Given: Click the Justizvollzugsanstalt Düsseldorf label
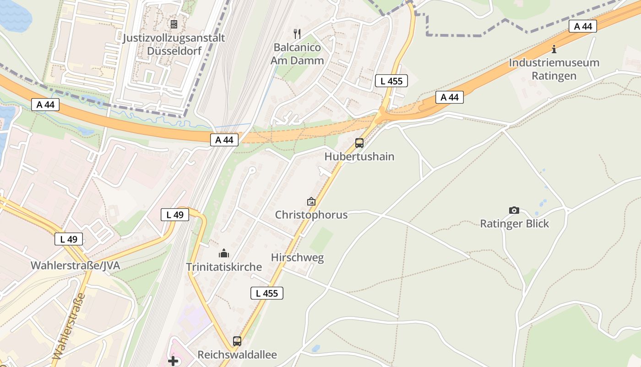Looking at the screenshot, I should click(174, 44).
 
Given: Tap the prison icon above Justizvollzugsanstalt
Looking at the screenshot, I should click(174, 24).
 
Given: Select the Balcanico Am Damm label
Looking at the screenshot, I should click(297, 54).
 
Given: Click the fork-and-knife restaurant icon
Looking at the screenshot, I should click(297, 33).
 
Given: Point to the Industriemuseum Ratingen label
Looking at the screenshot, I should click(554, 69).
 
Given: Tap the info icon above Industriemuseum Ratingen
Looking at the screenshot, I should click(554, 49).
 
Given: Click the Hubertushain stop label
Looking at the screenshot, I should click(359, 156).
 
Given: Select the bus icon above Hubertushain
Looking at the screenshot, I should click(359, 143).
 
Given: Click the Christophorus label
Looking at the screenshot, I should click(311, 215).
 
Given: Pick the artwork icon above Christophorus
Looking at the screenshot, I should click(311, 201).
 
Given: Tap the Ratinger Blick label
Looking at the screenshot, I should click(514, 224).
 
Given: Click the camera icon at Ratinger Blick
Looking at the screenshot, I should click(514, 211).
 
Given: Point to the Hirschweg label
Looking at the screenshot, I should click(297, 257).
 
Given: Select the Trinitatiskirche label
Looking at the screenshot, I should click(224, 267).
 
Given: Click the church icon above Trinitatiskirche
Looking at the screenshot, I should click(224, 253).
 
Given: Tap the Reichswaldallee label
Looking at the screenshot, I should click(237, 355).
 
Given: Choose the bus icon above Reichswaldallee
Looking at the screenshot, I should click(237, 341).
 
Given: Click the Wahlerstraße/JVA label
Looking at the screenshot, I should click(76, 265).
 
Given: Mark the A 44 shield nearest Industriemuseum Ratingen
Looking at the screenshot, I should click(583, 26).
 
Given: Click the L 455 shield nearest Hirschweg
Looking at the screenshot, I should click(267, 293).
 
